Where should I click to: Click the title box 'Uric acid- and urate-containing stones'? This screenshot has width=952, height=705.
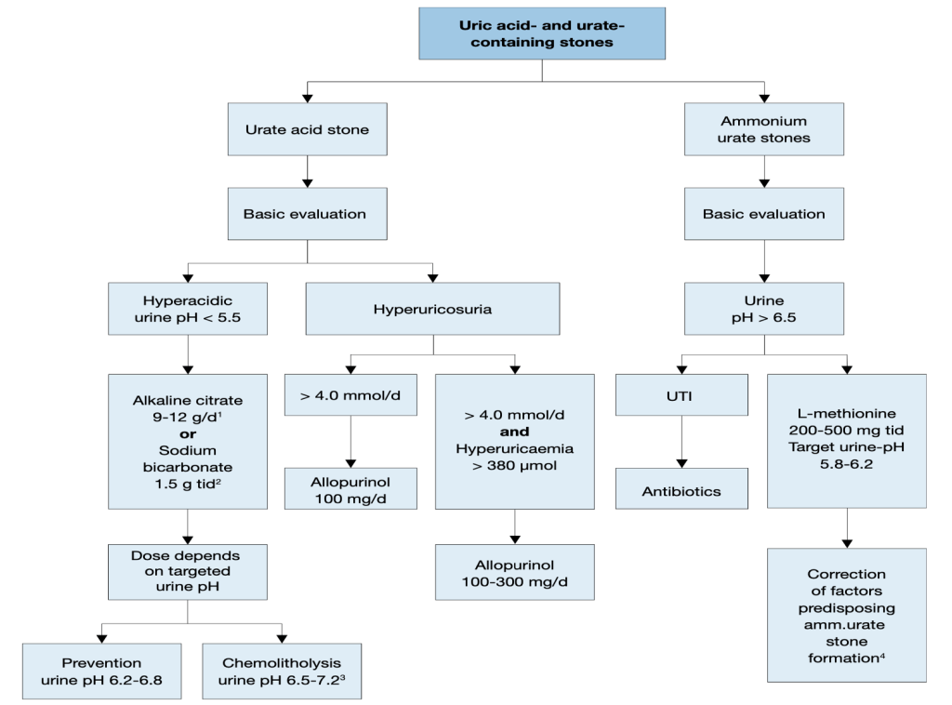tap(541, 33)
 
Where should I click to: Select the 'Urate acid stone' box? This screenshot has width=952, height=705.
tap(307, 129)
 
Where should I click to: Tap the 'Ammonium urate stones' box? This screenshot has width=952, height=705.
tap(763, 129)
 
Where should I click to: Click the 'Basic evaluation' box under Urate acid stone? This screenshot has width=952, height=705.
tap(307, 214)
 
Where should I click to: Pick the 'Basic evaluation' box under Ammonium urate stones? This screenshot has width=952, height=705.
tap(763, 214)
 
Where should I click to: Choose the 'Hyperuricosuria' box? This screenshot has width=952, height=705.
tap(432, 309)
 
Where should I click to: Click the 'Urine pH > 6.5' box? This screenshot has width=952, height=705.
tap(763, 309)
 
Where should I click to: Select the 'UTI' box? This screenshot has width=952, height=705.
tap(681, 395)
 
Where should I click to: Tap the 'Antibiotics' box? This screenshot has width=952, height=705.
tap(681, 490)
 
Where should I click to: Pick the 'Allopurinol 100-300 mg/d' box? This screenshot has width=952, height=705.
tap(514, 574)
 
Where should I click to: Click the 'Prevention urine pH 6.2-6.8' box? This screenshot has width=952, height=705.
tap(101, 671)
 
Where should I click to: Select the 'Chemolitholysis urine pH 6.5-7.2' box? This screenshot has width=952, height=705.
tap(282, 671)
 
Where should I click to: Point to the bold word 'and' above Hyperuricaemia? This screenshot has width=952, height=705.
tap(514, 432)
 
